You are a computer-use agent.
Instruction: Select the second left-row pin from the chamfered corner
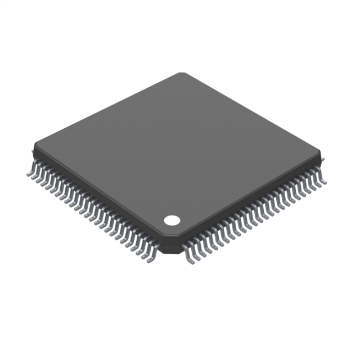[x=143, y=254]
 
